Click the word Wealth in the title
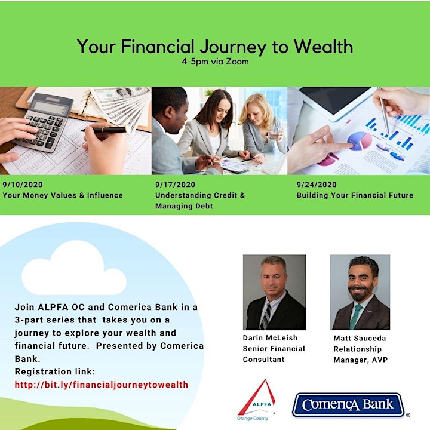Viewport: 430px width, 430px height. [324, 46]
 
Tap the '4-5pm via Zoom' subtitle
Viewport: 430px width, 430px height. [215, 62]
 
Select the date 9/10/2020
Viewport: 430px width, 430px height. [23, 185]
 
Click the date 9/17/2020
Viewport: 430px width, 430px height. [175, 185]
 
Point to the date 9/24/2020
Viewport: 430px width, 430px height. [317, 185]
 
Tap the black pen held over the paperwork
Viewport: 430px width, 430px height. [106, 129]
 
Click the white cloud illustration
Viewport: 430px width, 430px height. [74, 269]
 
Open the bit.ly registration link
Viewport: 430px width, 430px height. [102, 385]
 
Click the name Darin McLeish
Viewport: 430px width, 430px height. [270, 338]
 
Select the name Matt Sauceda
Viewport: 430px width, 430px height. [360, 338]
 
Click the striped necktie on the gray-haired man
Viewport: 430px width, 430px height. [266, 316]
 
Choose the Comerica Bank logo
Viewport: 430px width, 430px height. [348, 405]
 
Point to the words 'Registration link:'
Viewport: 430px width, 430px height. [55, 371]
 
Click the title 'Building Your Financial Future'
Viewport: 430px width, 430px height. [355, 195]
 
